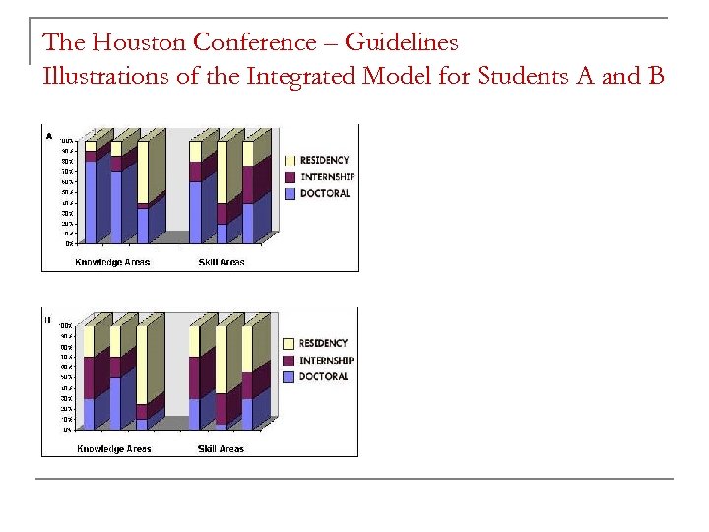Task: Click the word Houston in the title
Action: [140, 43]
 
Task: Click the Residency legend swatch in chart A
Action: [290, 160]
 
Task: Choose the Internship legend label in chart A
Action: [327, 176]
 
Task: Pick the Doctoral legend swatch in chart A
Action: [290, 193]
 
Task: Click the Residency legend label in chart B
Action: [324, 343]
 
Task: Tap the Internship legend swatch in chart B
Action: [290, 360]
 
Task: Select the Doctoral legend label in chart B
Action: [324, 376]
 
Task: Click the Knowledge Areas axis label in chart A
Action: [113, 262]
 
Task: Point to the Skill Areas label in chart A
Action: [221, 262]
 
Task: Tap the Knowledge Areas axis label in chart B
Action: [114, 449]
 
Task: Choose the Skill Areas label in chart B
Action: [221, 449]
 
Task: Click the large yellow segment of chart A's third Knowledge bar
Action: [143, 172]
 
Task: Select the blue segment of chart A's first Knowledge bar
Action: [91, 201]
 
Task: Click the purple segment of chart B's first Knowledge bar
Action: [90, 377]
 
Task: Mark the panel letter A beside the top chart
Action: [48, 135]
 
